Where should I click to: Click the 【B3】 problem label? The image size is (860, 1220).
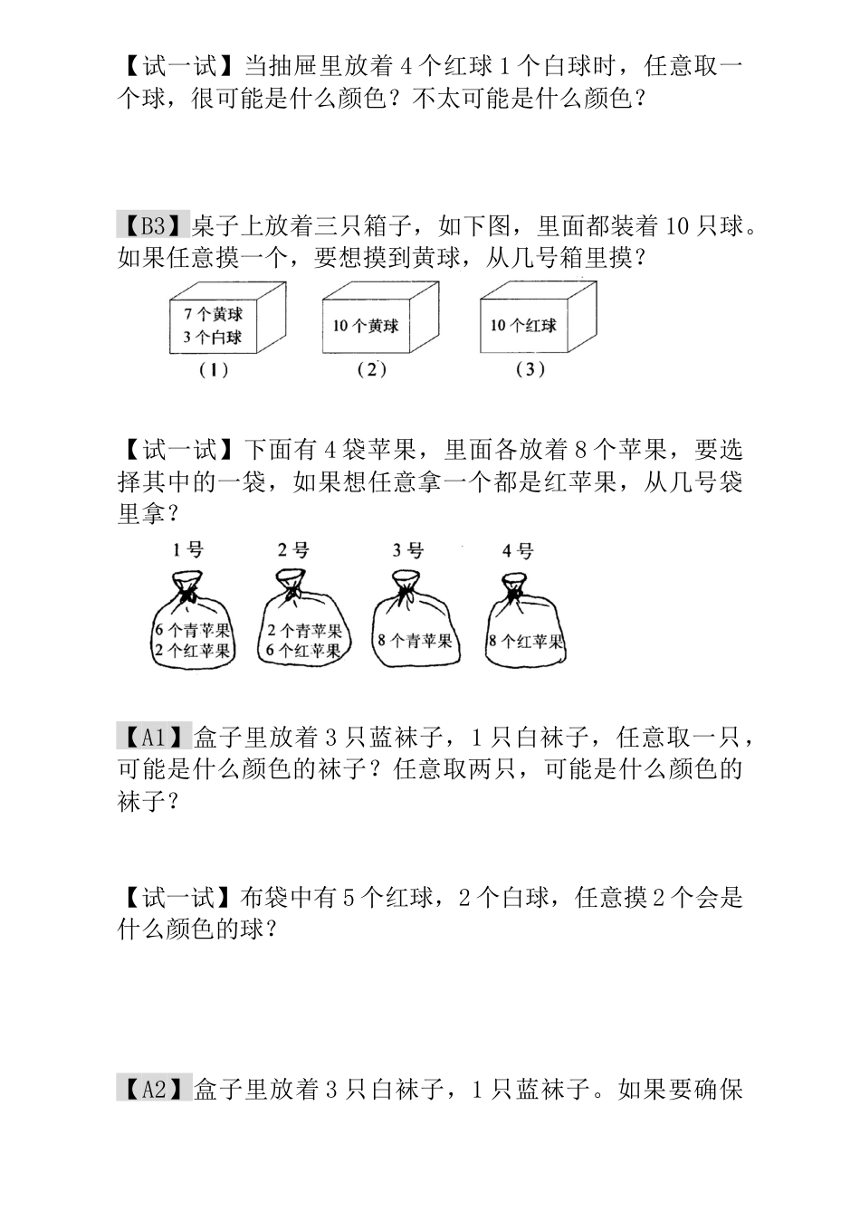[x=152, y=224]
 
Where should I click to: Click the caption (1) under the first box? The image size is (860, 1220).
[x=214, y=369]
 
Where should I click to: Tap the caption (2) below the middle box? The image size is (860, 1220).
[x=371, y=369]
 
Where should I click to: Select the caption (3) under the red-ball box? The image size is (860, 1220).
[x=530, y=369]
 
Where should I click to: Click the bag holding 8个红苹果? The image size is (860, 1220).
[x=525, y=634]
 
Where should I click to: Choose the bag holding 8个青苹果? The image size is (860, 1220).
[x=414, y=634]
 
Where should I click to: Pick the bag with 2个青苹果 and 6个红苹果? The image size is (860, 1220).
[x=302, y=634]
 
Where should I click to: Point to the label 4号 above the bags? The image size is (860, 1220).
[x=518, y=550]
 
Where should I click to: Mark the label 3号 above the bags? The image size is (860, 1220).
[x=408, y=549]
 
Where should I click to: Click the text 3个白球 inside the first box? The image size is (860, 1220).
[x=213, y=338]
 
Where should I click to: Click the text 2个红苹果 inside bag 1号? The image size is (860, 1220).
[x=192, y=650]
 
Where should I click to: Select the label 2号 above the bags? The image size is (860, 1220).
[x=293, y=549]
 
